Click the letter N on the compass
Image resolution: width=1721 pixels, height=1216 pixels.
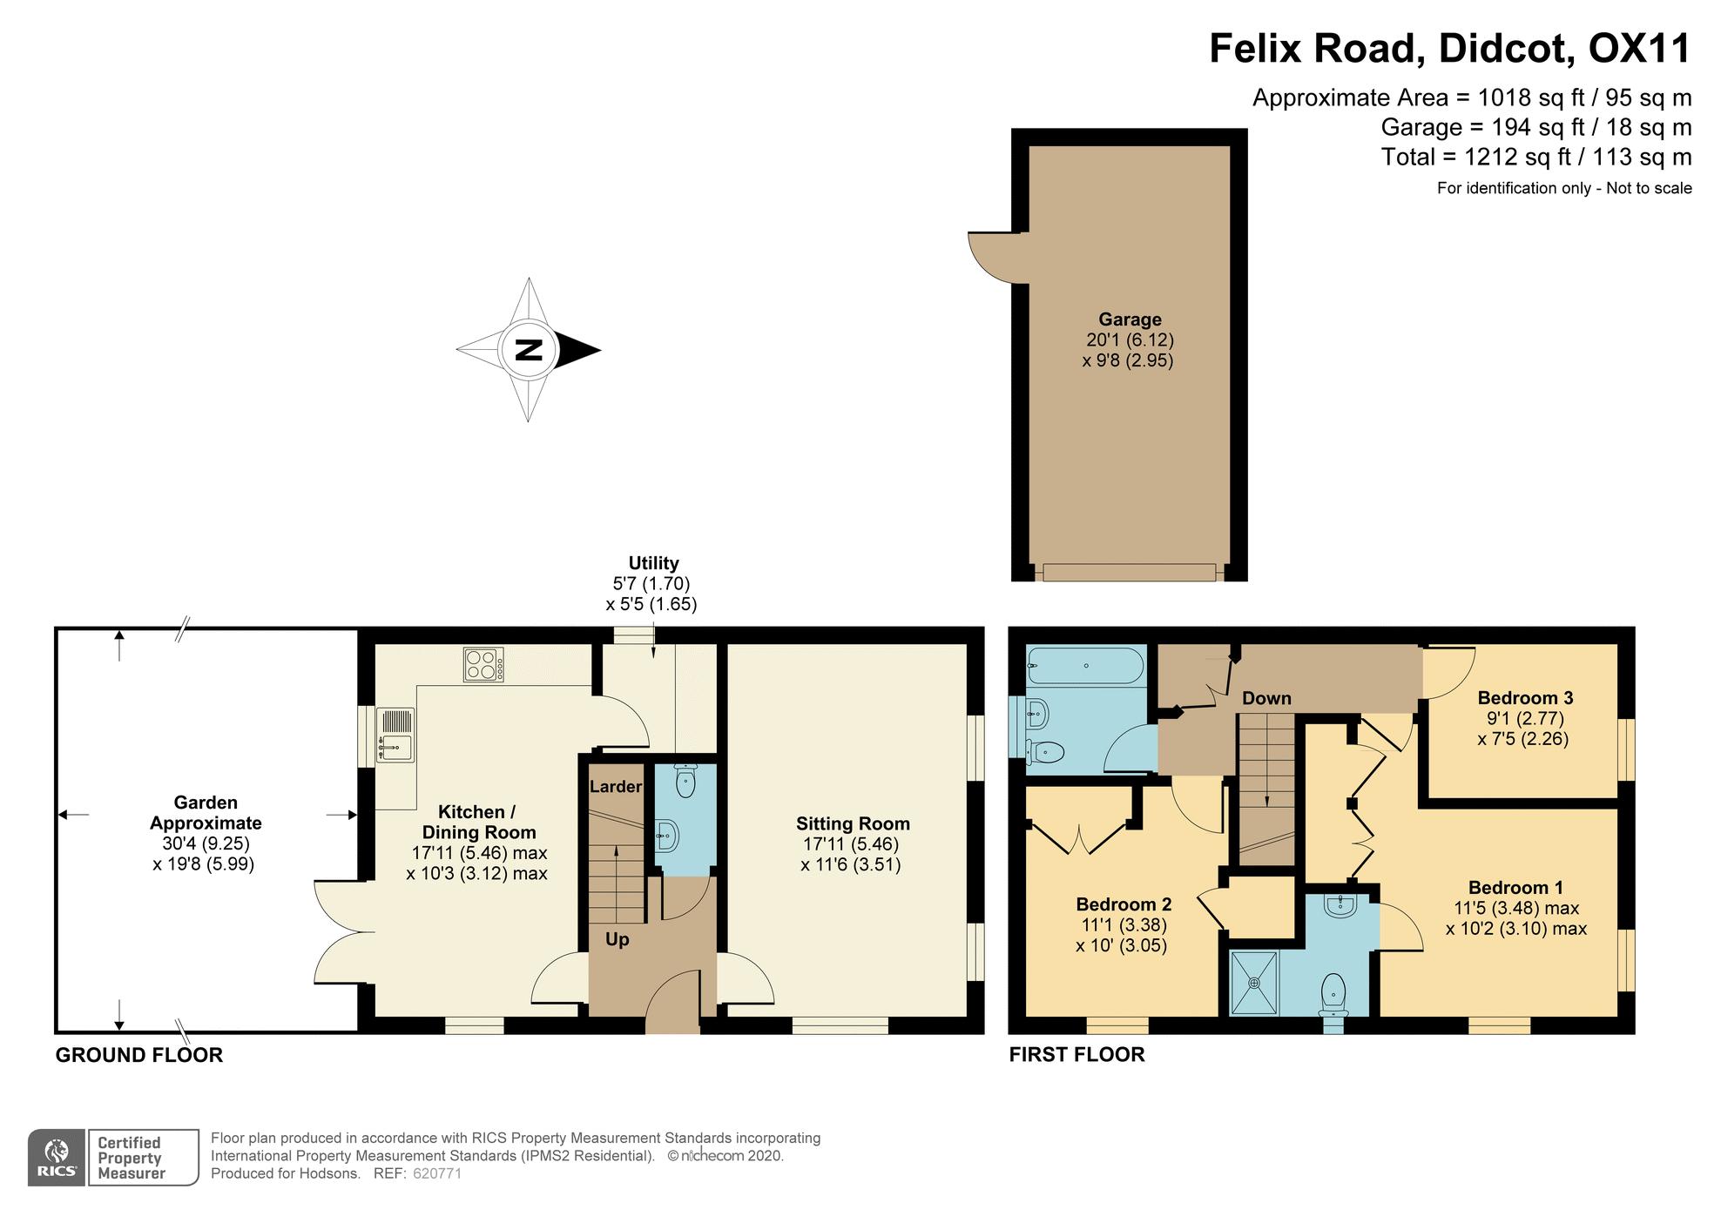(529, 350)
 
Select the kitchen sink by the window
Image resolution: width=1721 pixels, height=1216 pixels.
(395, 736)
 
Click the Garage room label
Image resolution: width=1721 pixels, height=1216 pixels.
(1130, 319)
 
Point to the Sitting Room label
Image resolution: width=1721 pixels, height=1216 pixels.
(853, 823)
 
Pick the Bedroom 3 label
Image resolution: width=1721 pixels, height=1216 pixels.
(1525, 698)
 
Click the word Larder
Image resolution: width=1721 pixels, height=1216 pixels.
(616, 787)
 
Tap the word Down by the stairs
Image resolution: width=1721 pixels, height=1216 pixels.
(1266, 698)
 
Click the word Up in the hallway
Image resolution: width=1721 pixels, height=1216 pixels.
(617, 940)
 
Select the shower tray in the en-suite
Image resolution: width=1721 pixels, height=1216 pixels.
(1254, 984)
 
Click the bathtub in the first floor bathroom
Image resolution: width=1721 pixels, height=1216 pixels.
(1073, 666)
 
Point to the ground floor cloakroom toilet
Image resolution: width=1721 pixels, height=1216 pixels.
(685, 781)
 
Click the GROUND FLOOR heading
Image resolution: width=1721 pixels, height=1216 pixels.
(139, 1055)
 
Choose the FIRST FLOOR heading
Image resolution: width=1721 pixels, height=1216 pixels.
(1076, 1055)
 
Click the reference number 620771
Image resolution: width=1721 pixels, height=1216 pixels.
(436, 1173)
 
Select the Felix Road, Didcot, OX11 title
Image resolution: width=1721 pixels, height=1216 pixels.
(1450, 48)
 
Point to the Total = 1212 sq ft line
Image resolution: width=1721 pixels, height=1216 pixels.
(1536, 158)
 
